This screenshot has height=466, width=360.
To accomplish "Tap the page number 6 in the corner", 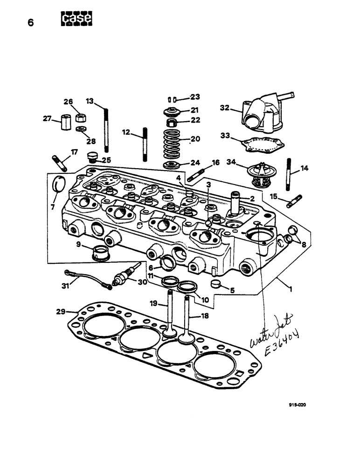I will pos(31,23).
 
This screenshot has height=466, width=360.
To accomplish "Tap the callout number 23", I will pos(194,97).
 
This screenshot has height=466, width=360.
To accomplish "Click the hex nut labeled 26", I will pos(80,116).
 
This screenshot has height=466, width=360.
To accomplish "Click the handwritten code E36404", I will pos(278,345).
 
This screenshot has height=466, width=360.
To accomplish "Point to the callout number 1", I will pos(290,289).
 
